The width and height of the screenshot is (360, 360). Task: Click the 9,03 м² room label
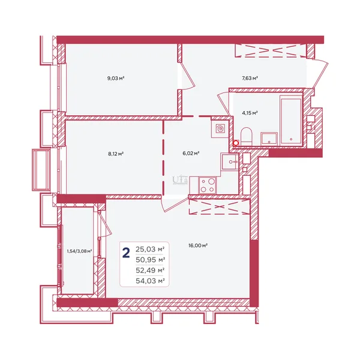(116, 78)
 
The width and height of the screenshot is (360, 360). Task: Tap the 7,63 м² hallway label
(250, 78)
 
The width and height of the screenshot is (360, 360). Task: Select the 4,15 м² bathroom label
(250, 113)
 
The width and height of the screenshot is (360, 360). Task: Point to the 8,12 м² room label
(116, 154)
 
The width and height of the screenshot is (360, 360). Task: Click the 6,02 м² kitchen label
(191, 153)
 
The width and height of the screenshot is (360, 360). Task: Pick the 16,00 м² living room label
(198, 245)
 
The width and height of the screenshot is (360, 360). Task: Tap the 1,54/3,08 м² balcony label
(79, 251)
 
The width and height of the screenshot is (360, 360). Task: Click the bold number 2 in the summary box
(126, 253)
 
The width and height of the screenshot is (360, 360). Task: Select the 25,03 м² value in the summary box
(150, 249)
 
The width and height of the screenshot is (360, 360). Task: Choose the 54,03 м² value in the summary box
(150, 281)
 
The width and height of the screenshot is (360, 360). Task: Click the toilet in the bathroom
(247, 137)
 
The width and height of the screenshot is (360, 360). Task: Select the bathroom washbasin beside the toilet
(269, 139)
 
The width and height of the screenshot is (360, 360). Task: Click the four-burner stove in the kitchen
(208, 185)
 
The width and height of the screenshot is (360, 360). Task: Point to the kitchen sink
(230, 161)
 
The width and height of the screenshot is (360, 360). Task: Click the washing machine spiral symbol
(221, 129)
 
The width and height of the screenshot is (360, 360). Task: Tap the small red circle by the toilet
(236, 143)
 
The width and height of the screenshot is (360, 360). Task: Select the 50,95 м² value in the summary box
(150, 260)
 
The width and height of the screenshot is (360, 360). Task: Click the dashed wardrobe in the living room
(219, 206)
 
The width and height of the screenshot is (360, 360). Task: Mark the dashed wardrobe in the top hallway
(271, 50)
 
